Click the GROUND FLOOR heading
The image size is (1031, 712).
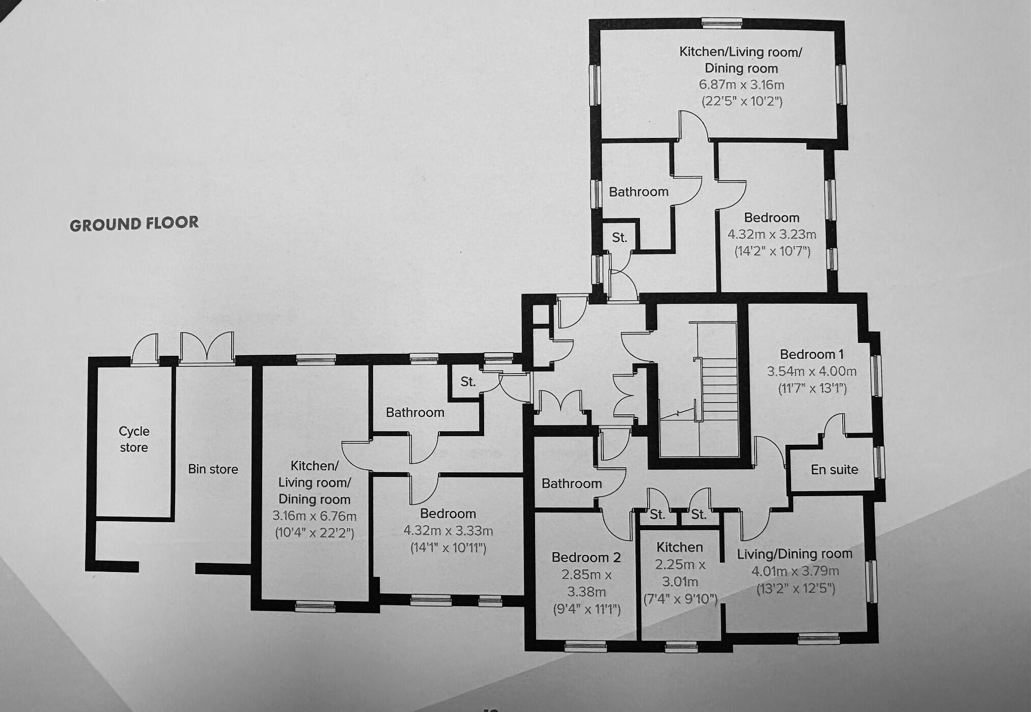click(134, 224)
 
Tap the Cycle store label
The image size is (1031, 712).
click(134, 439)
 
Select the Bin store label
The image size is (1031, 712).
click(213, 469)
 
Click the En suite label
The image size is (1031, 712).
click(834, 469)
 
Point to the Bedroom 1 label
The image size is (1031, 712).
click(812, 354)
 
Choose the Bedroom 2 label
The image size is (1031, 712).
click(586, 558)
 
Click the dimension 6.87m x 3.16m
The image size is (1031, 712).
click(741, 85)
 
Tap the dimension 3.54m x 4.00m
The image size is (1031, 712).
click(812, 372)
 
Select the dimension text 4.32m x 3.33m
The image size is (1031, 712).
click(448, 531)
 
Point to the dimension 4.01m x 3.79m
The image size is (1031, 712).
click(795, 571)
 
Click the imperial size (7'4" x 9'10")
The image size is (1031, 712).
click(680, 599)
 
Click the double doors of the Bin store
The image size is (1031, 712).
click(207, 349)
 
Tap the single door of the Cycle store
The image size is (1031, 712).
click(145, 349)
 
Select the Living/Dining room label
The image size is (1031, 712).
click(794, 554)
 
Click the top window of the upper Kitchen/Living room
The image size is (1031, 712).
click(721, 22)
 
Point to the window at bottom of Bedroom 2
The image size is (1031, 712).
click(586, 646)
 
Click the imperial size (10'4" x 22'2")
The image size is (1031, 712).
click(314, 533)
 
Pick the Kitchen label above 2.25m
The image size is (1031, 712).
click(680, 548)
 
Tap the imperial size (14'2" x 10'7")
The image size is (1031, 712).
click(772, 251)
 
